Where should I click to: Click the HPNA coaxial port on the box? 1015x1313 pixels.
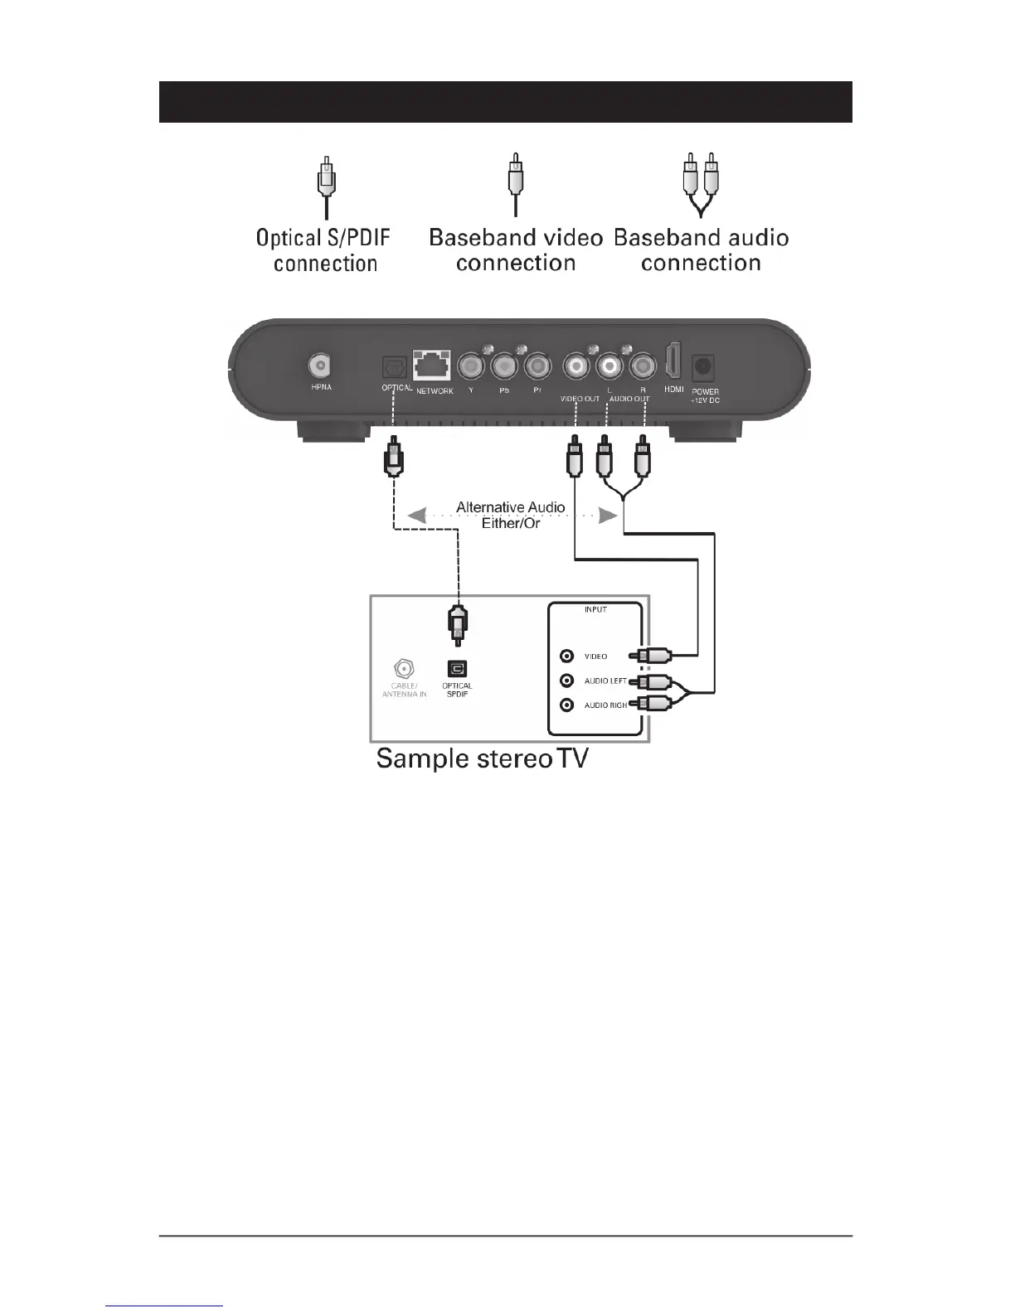coord(320,365)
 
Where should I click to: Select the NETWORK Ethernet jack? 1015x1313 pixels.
coord(431,366)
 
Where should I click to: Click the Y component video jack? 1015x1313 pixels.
coord(470,365)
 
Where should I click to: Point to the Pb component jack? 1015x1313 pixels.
coord(503,365)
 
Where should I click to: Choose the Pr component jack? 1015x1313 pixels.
coord(537,365)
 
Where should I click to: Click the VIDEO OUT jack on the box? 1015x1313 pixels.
coord(575,365)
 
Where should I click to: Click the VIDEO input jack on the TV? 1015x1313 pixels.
coord(567,656)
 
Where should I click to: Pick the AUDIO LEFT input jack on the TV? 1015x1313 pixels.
coord(567,681)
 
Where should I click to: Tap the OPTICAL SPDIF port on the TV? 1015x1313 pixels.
coord(457,668)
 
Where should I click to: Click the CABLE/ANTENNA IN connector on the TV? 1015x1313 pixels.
coord(403,668)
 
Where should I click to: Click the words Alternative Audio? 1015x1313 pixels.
coord(510,507)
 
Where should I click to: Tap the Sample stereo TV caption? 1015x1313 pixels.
coord(482,758)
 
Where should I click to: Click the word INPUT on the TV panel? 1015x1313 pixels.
coord(595,610)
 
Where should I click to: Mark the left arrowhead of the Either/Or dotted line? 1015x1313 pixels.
coord(416,516)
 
